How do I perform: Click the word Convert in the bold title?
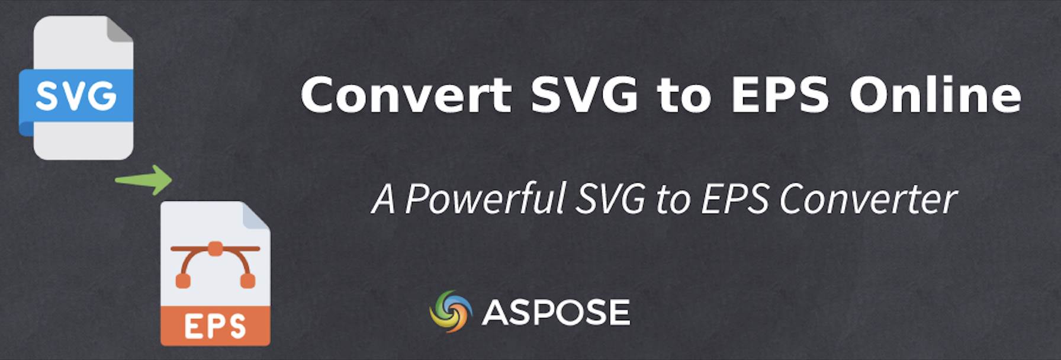pyautogui.click(x=406, y=95)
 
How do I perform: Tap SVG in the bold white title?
pyautogui.click(x=584, y=95)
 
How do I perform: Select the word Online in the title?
pyautogui.click(x=935, y=94)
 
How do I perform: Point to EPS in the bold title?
pyautogui.click(x=780, y=95)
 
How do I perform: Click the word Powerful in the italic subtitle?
pyautogui.click(x=486, y=198)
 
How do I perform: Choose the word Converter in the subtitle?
pyautogui.click(x=868, y=200)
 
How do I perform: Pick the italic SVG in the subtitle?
pyautogui.click(x=610, y=199)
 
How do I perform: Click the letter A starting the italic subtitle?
pyautogui.click(x=383, y=199)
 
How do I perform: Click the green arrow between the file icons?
pyautogui.click(x=144, y=179)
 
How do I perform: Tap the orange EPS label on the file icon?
pyautogui.click(x=216, y=326)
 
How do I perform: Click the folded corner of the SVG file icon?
pyautogui.click(x=120, y=29)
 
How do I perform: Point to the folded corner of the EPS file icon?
pyautogui.click(x=257, y=214)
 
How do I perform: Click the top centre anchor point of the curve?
pyautogui.click(x=215, y=248)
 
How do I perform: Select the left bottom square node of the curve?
pyautogui.click(x=184, y=281)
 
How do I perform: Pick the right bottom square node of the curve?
pyautogui.click(x=248, y=281)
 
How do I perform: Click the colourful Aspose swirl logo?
pyautogui.click(x=451, y=311)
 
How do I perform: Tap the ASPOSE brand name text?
pyautogui.click(x=556, y=312)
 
